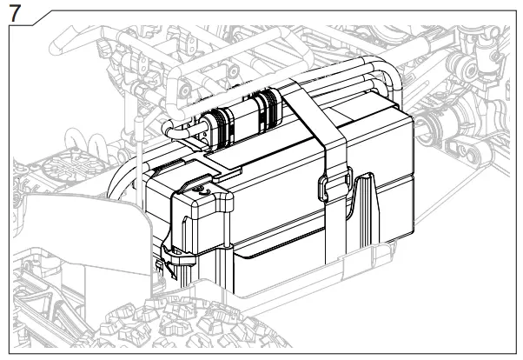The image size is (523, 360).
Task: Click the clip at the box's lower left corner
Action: point(165,258)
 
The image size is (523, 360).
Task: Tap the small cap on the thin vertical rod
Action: point(137,130)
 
